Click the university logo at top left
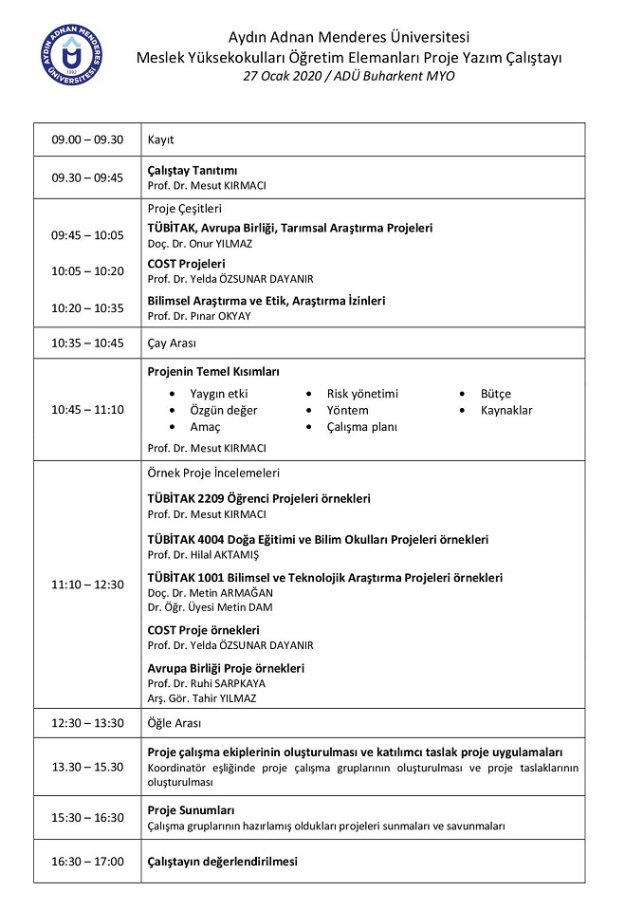72,55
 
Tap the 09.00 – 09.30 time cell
87,139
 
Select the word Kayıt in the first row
161,139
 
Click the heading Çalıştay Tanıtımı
193,170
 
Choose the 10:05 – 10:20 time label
87,271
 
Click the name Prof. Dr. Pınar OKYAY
199,316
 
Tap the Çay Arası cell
172,343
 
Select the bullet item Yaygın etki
219,394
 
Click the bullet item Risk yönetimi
362,394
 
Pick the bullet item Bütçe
495,394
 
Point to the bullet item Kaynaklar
506,411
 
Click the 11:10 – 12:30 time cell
87,585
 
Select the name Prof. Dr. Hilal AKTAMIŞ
203,554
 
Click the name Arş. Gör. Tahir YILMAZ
202,698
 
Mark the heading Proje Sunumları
192,810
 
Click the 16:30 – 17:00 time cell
87,862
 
